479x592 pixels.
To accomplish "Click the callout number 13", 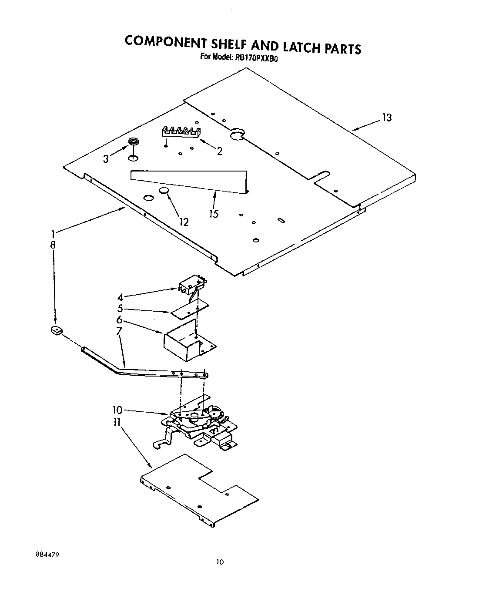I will tap(386, 118).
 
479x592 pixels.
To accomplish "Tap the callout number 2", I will tap(220, 151).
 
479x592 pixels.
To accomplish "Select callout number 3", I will tap(106, 159).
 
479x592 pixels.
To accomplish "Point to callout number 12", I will tap(184, 222).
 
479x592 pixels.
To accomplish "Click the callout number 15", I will tap(214, 214).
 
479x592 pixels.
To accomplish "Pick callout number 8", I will tap(53, 245).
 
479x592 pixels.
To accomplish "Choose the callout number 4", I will tap(120, 298).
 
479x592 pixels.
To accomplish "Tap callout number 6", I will tap(119, 320).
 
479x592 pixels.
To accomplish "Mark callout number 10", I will tap(117, 410).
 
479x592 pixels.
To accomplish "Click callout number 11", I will tap(117, 421).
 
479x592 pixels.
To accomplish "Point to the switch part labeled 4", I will tap(191, 284).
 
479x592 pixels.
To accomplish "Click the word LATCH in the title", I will tap(298, 46).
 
